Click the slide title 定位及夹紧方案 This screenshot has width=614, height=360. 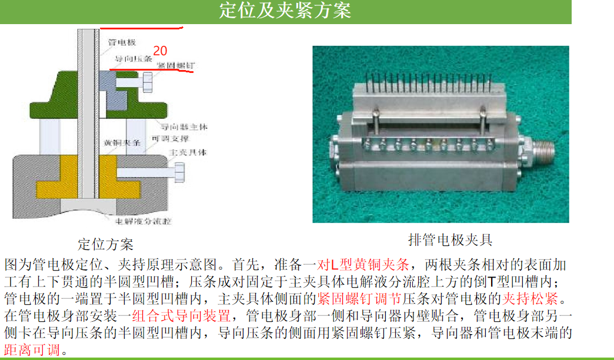tap(285, 11)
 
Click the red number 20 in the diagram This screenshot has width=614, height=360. tap(161, 51)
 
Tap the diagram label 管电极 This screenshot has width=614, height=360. tap(122, 42)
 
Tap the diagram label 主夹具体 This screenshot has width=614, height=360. tap(188, 152)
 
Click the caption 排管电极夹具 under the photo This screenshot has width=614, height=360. tap(450, 240)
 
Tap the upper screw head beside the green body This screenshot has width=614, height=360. tap(147, 84)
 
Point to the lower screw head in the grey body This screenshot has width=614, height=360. tap(179, 173)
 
